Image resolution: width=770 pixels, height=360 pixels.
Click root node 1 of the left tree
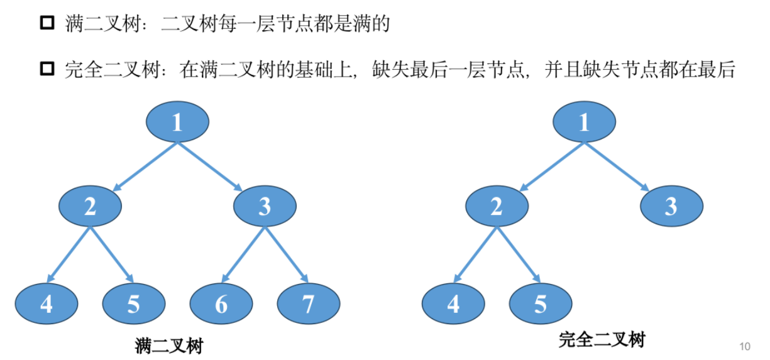pos(177,121)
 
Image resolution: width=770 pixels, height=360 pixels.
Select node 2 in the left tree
pos(90,206)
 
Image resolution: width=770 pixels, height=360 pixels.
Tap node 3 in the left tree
pos(265,206)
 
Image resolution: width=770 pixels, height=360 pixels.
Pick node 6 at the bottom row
pos(221,304)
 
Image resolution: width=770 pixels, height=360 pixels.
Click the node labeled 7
pos(308,304)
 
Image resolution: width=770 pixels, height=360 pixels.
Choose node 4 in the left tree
pos(47,304)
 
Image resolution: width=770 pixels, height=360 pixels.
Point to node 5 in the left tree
pos(134,304)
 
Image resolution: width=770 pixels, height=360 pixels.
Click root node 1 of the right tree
pos(584,121)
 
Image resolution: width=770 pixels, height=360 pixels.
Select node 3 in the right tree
pos(672,206)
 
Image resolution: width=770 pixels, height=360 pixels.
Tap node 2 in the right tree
pos(497,206)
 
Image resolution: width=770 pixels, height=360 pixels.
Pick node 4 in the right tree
pos(453,304)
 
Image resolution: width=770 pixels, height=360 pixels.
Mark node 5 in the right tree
pos(541,304)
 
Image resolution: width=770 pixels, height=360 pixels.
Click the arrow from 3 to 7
pos(286,254)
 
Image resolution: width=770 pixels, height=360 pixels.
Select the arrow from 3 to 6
pos(244,254)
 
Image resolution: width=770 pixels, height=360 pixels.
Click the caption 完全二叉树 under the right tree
pos(602,341)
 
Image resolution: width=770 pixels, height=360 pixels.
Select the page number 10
pos(745,346)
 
